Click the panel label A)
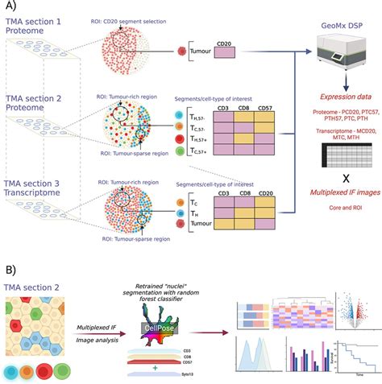[x=12, y=7]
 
